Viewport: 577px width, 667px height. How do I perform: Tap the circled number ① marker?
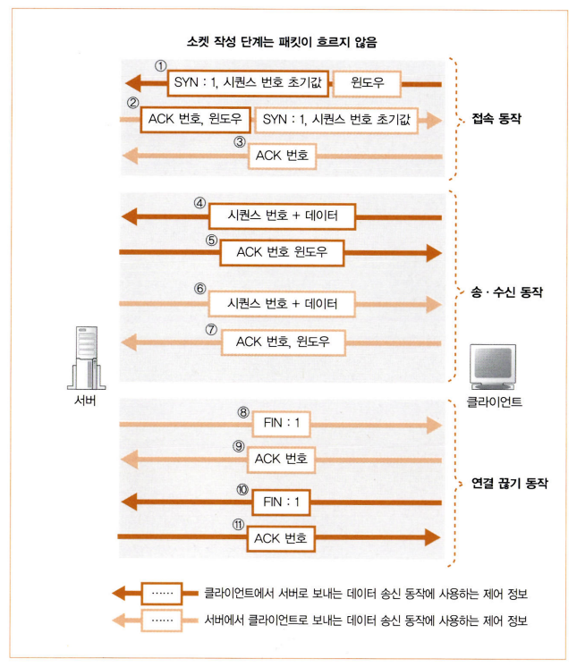161,66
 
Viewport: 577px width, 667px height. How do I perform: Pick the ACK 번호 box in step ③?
282,156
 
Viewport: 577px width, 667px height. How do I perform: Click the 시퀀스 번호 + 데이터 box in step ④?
282,216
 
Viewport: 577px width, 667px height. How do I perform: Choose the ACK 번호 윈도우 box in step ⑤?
282,253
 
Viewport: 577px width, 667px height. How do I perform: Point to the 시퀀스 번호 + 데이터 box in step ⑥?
282,304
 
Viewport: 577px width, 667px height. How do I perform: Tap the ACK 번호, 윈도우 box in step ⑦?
282,342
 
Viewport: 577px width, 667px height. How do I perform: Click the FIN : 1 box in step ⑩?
282,502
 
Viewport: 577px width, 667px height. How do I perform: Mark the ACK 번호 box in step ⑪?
282,537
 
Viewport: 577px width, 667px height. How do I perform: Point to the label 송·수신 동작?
507,291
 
